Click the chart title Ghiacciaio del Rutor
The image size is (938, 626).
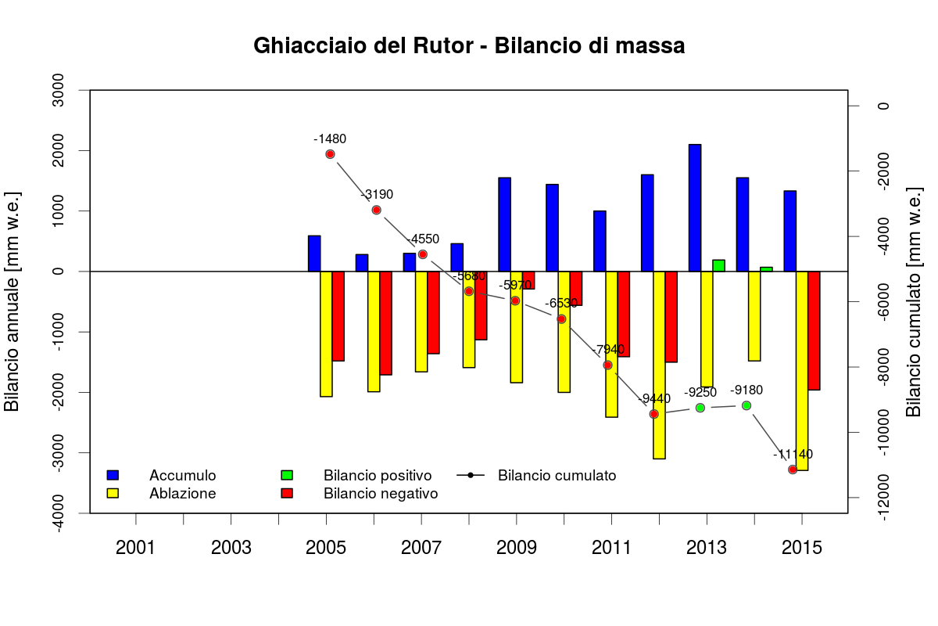click(x=469, y=46)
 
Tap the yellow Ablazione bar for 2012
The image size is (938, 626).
click(x=659, y=365)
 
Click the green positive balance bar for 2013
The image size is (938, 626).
click(x=718, y=265)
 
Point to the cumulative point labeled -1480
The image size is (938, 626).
click(x=330, y=154)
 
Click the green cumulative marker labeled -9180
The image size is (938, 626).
click(x=746, y=405)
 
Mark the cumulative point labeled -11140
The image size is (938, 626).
click(x=793, y=469)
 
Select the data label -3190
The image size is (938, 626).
click(x=377, y=195)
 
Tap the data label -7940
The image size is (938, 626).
click(x=609, y=349)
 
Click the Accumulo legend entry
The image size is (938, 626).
click(x=182, y=475)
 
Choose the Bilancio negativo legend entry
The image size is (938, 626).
click(x=380, y=494)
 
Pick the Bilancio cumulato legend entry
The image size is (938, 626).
click(x=557, y=475)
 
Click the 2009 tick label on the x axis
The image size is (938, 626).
click(x=516, y=547)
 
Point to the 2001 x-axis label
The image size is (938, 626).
click(x=136, y=547)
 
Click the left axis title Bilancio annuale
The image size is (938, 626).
click(x=12, y=301)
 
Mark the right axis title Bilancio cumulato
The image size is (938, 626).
click(x=914, y=301)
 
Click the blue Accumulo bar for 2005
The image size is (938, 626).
click(x=314, y=253)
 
